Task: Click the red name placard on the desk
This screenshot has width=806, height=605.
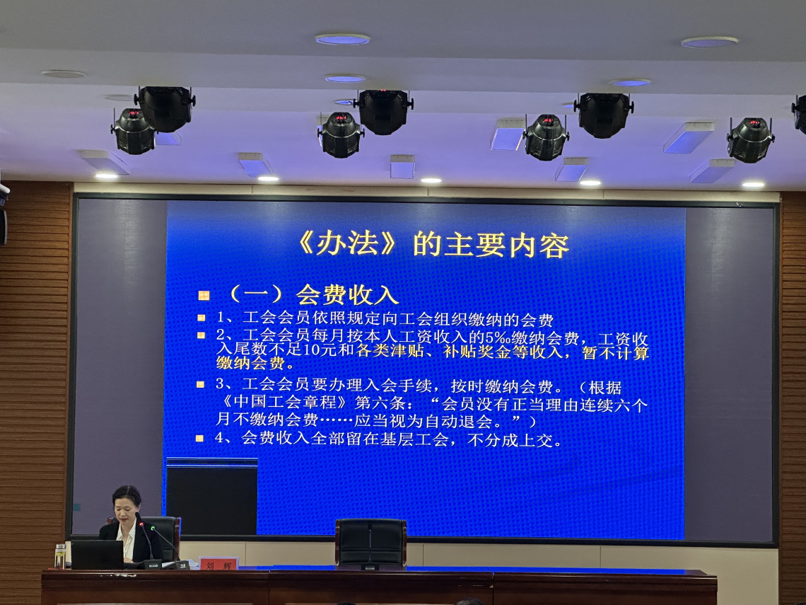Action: click(x=219, y=564)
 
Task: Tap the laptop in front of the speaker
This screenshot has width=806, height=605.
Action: click(x=98, y=555)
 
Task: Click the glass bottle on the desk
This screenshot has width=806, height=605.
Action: click(x=60, y=556)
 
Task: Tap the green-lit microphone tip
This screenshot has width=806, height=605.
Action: click(x=153, y=527)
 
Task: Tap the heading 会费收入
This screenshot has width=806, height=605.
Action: click(x=347, y=295)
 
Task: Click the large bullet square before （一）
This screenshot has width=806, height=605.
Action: click(x=204, y=295)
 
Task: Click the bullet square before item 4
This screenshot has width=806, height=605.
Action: click(x=200, y=438)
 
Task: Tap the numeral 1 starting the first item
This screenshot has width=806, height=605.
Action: click(x=221, y=317)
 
